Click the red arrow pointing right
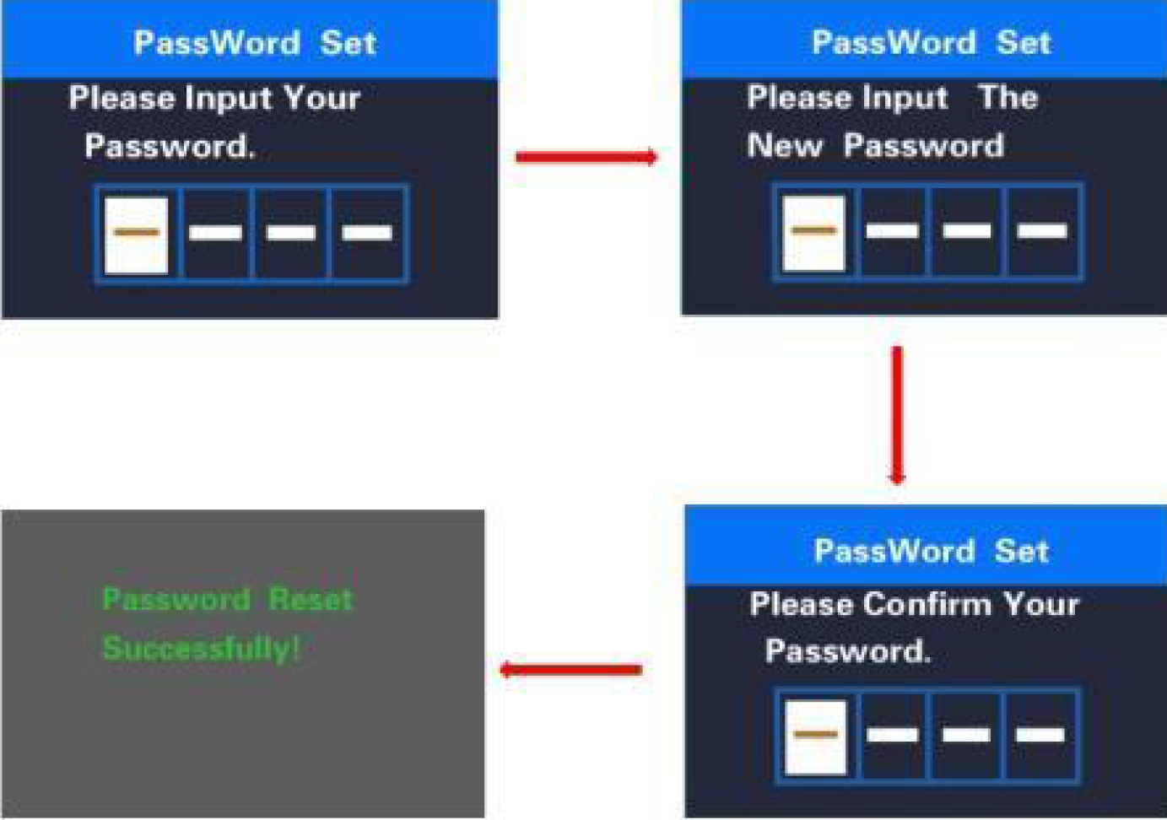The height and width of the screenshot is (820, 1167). (x=586, y=157)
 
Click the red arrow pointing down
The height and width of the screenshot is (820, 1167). (x=897, y=414)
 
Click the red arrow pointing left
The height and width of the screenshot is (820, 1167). (x=571, y=670)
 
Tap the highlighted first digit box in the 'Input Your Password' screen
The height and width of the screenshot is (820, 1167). (x=136, y=234)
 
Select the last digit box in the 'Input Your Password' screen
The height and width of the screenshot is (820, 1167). (x=368, y=234)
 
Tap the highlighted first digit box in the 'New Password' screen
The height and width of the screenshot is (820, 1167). (x=813, y=232)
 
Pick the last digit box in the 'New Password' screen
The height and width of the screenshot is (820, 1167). (x=1043, y=232)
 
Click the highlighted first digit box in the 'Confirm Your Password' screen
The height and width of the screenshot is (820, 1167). (x=815, y=736)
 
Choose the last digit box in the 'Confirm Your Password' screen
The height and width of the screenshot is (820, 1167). (x=1040, y=736)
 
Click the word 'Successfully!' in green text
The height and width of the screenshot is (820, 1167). (x=201, y=648)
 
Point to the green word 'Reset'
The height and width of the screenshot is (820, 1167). (x=310, y=599)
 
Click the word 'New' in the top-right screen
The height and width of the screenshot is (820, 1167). (x=784, y=146)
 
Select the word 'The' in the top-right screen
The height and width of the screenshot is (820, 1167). (x=1008, y=97)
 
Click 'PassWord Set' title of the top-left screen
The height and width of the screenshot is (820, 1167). (x=254, y=43)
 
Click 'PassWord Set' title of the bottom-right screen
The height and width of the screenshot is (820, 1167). (x=931, y=551)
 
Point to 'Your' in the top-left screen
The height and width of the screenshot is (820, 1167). (x=321, y=98)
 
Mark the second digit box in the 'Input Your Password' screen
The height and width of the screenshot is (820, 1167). (x=216, y=234)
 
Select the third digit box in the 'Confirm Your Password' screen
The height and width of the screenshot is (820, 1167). (x=966, y=736)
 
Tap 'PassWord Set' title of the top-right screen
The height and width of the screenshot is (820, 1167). (x=931, y=42)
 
